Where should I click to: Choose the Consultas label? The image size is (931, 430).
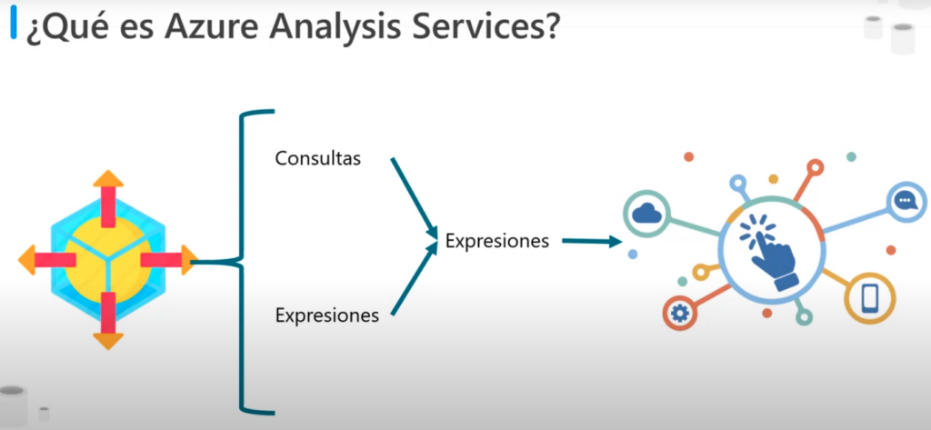click(x=317, y=158)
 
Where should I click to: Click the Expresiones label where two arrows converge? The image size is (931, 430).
click(x=497, y=242)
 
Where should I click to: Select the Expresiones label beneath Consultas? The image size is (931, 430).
click(x=326, y=315)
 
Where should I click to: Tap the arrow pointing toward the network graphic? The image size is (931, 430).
click(x=591, y=241)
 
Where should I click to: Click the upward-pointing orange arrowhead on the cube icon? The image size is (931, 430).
click(x=108, y=178)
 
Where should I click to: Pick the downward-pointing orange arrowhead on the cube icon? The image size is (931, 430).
click(x=108, y=341)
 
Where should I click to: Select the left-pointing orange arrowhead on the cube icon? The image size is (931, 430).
click(x=27, y=259)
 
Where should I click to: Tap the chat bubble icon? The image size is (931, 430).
click(x=905, y=201)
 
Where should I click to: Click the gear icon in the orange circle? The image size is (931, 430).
click(x=678, y=313)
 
